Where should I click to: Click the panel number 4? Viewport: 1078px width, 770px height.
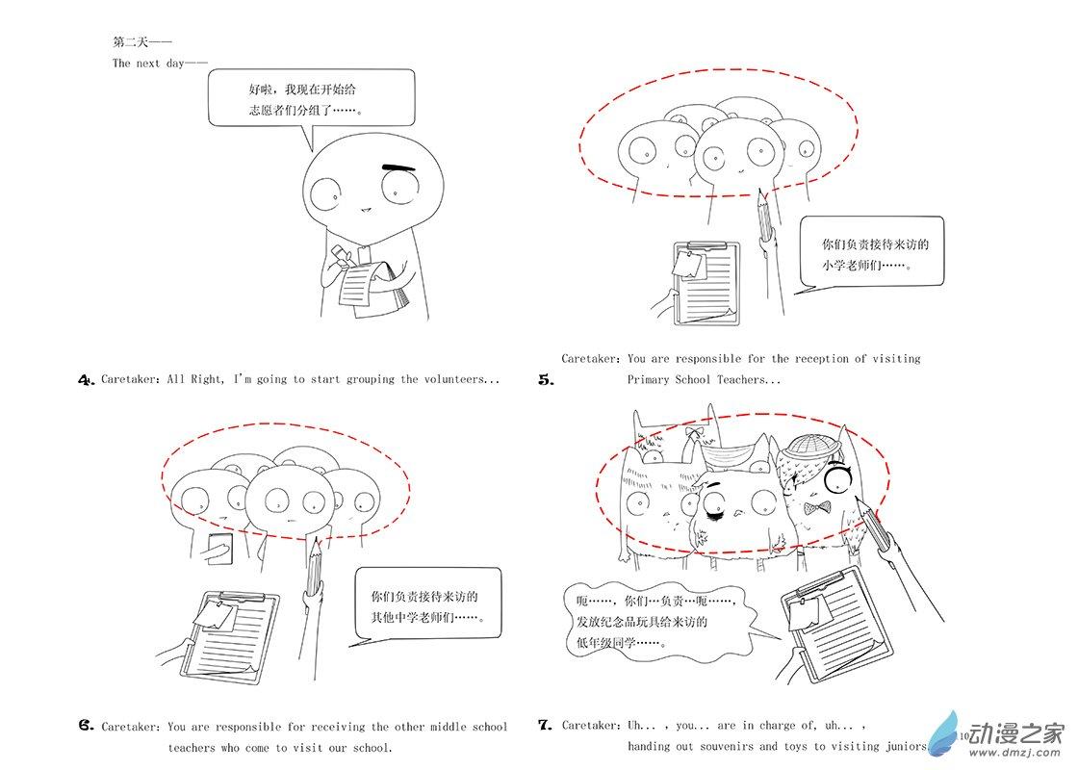pos(86,379)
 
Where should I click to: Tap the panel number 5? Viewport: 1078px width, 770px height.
pos(546,379)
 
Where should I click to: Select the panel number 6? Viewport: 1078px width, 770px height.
pos(86,726)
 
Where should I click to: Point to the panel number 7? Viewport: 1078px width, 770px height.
pos(545,725)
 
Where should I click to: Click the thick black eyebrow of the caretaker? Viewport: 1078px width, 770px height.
pos(398,167)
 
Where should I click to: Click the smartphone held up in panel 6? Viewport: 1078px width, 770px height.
pos(221,549)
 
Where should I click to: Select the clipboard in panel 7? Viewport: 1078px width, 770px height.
pos(835,625)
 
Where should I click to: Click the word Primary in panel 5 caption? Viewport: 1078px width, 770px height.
pos(649,379)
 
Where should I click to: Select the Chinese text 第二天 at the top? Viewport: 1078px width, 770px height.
pos(131,42)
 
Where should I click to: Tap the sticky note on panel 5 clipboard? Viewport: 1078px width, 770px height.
pos(689,264)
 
